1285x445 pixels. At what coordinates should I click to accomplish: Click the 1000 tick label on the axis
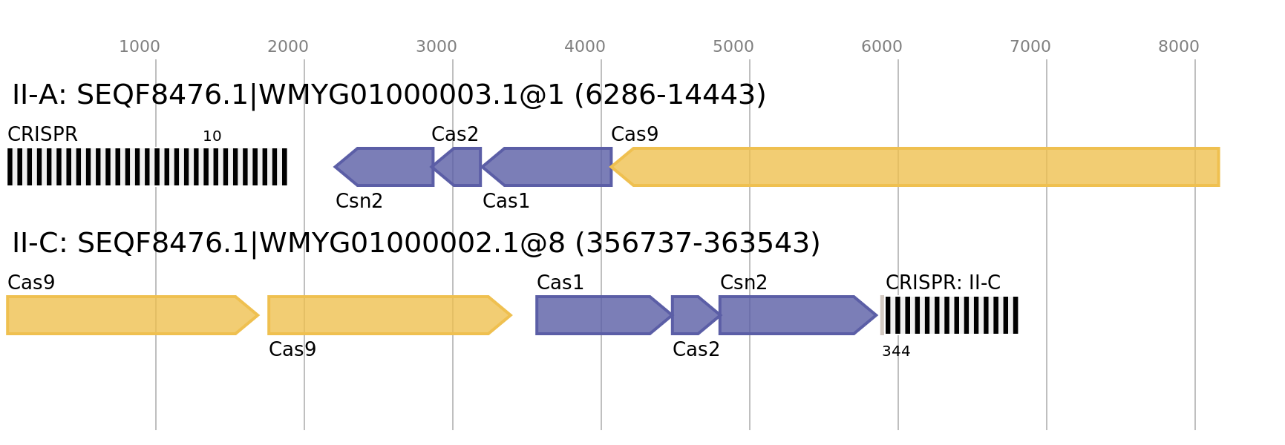click(140, 47)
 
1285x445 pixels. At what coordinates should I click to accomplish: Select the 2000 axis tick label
click(288, 47)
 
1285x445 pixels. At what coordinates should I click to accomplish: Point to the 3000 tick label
click(436, 47)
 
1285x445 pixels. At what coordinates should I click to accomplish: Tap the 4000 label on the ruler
click(585, 47)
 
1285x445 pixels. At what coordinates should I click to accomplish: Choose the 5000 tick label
click(733, 47)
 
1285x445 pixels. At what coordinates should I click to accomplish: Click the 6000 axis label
click(882, 47)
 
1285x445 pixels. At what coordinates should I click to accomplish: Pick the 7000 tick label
click(1030, 47)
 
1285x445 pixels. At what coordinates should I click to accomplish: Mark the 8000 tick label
click(1179, 47)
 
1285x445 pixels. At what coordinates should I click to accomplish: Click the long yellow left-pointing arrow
click(921, 167)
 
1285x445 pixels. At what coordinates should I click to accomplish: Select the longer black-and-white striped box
click(147, 167)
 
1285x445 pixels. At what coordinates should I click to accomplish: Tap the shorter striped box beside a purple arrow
click(949, 315)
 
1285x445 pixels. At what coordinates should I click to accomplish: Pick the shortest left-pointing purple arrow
click(460, 167)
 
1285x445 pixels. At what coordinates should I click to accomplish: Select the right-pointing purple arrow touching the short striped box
click(794, 315)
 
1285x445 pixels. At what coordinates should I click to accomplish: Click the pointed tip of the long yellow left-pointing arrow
click(612, 167)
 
